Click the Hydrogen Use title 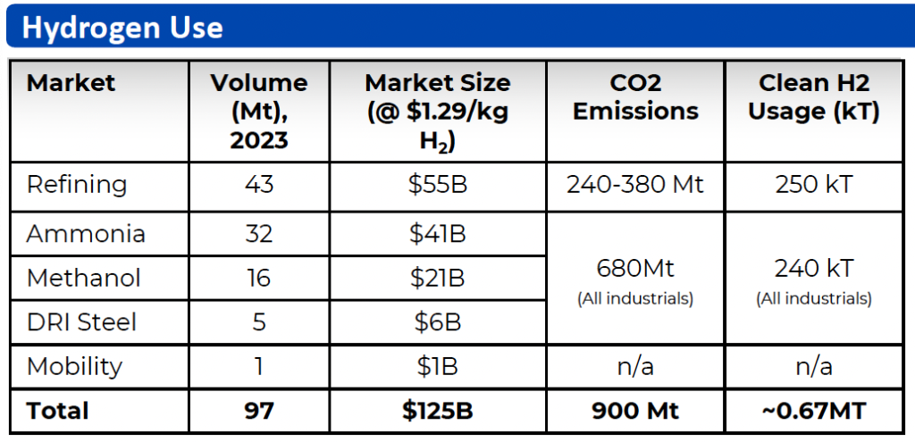(122, 27)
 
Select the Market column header (71, 83)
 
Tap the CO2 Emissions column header (635, 97)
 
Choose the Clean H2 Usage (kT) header (814, 97)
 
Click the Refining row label (77, 185)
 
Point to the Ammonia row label (86, 234)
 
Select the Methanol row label (84, 278)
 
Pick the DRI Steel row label (81, 321)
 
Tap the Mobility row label (74, 366)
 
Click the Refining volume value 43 (259, 185)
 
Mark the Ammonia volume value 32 (259, 234)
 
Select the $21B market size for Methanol (437, 278)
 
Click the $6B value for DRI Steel (437, 321)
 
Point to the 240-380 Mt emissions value (635, 185)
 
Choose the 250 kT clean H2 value (814, 185)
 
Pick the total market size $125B (437, 411)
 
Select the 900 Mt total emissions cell (635, 411)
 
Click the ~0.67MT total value (814, 411)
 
